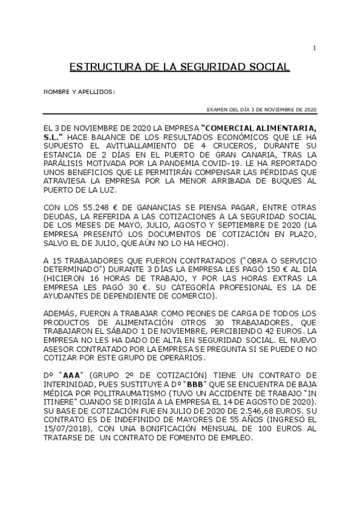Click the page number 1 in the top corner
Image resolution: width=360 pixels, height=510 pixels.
[x=314, y=48]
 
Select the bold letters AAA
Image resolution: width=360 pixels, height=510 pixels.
[x=72, y=374]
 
